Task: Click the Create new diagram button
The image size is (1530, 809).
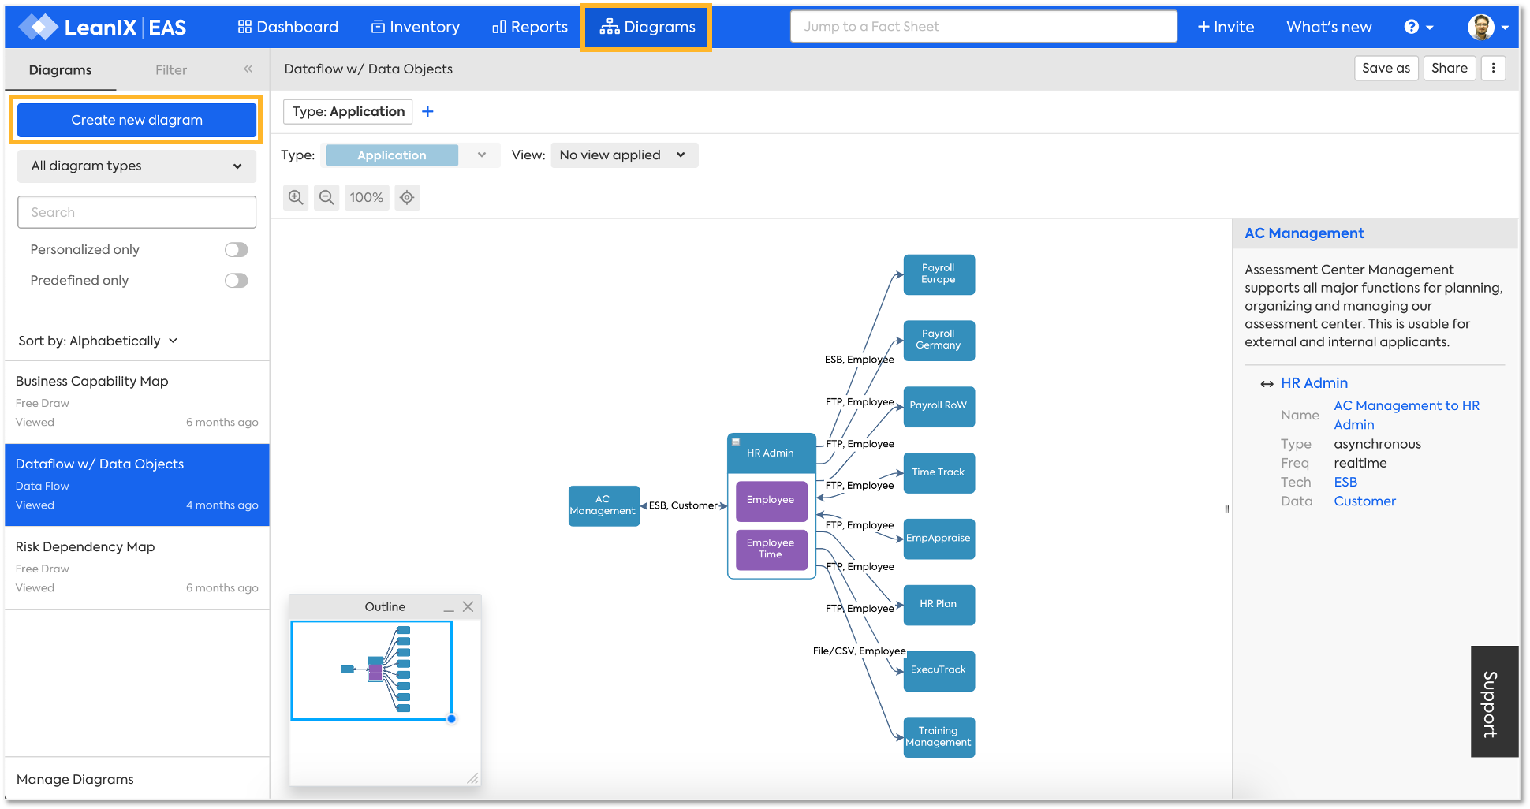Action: (x=136, y=120)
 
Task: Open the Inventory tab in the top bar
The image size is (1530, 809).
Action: (x=416, y=27)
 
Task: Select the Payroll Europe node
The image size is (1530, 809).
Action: (x=939, y=274)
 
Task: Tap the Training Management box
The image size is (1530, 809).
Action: (x=939, y=736)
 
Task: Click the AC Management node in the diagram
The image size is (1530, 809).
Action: (x=603, y=505)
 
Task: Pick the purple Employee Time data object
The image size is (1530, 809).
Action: (x=771, y=549)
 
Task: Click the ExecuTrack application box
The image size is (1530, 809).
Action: (x=939, y=670)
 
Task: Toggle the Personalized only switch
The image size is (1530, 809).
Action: (x=236, y=250)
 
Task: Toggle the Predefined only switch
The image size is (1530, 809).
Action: (x=236, y=281)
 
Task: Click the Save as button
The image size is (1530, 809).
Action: (x=1386, y=69)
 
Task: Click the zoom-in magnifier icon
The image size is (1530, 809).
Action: (x=296, y=198)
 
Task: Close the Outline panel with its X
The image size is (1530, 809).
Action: (x=468, y=606)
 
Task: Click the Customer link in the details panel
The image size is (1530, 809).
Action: (x=1364, y=501)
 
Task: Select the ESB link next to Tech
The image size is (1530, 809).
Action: (x=1345, y=483)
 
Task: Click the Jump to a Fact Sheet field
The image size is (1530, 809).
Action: (x=983, y=27)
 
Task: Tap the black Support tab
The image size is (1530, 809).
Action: (x=1495, y=702)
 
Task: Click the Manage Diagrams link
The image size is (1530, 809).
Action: (x=75, y=779)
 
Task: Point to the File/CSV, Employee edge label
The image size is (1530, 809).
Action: (x=859, y=651)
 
